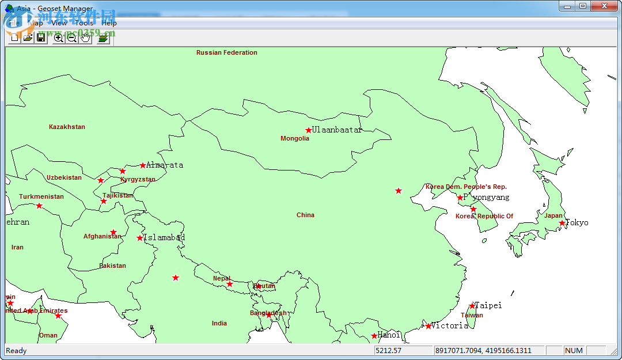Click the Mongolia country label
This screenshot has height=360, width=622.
295,138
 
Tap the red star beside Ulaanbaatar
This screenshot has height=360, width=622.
309,130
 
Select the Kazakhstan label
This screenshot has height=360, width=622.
67,127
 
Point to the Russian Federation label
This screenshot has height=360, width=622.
227,52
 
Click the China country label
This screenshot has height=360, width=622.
305,215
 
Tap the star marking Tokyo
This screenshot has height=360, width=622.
562,223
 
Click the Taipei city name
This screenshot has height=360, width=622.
488,305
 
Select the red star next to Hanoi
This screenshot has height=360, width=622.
374,336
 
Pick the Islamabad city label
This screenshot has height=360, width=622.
164,237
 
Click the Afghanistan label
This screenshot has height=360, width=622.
102,236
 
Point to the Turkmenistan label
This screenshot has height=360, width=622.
41,196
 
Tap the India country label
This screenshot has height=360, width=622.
219,323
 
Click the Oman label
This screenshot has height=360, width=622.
48,335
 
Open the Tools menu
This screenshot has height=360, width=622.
84,23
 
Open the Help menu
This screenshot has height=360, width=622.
109,23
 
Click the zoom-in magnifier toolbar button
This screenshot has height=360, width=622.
58,38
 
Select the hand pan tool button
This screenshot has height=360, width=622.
86,38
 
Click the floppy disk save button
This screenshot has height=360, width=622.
41,38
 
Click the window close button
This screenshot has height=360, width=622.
604,6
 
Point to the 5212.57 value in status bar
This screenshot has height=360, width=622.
388,350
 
